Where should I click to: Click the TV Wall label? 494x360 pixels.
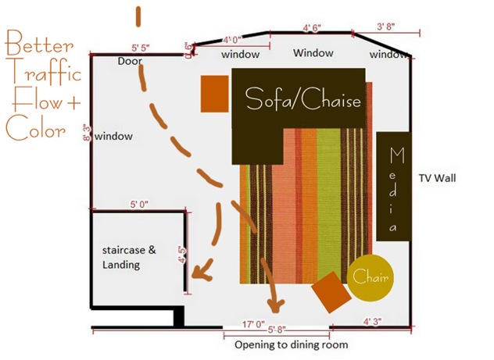437,177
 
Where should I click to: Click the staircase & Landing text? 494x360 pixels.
130,258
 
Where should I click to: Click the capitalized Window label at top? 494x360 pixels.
313,53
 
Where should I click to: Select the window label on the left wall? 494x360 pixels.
114,136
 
